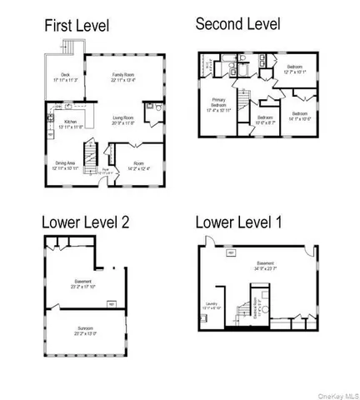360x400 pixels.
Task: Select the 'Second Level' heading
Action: click(x=237, y=23)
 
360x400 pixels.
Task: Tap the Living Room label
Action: click(x=124, y=120)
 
